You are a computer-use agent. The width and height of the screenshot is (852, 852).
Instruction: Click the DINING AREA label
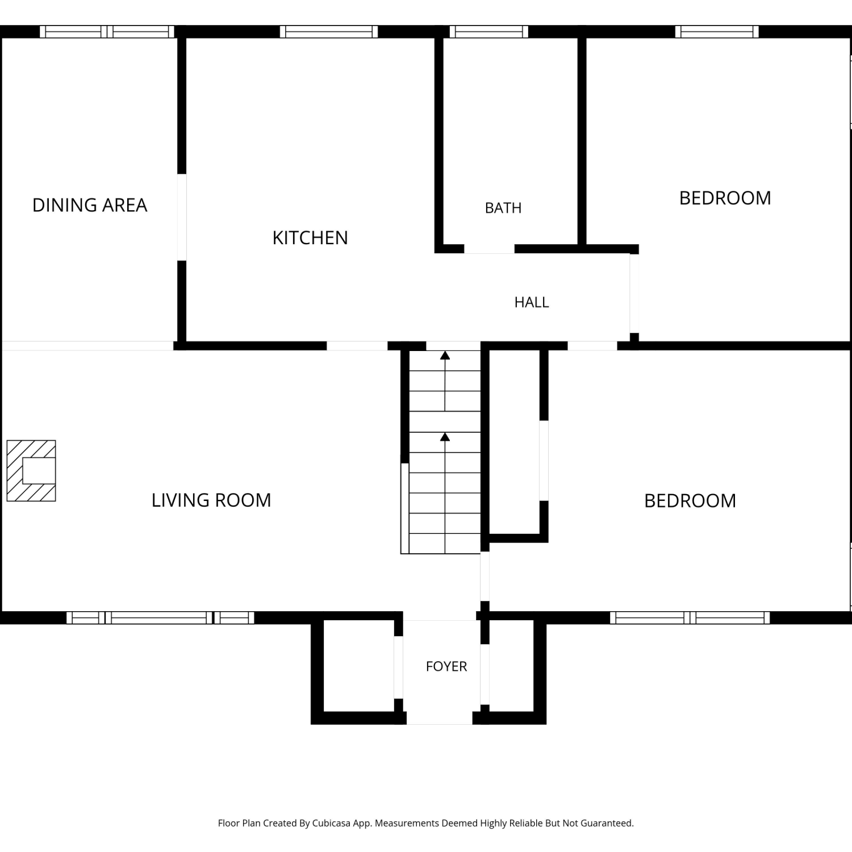tap(90, 205)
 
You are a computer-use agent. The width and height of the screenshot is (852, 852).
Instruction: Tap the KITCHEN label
tap(310, 237)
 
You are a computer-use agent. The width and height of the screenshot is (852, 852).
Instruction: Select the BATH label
tap(503, 208)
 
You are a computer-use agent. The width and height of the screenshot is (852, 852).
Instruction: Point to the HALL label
tap(532, 302)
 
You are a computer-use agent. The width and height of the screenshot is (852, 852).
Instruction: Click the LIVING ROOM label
tap(211, 500)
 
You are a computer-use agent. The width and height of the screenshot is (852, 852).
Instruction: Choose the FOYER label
tap(446, 666)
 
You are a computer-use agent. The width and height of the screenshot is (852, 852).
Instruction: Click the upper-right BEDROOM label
tap(725, 198)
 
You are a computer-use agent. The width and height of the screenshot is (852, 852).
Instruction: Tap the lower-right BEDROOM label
tap(690, 500)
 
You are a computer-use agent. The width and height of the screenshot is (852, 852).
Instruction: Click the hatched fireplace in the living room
tap(31, 471)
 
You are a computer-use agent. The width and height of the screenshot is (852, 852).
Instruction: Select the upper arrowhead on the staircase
tap(445, 356)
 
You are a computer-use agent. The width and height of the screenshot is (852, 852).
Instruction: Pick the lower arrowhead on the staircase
tap(445, 437)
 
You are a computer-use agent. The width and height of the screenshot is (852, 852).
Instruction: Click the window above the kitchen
tap(329, 32)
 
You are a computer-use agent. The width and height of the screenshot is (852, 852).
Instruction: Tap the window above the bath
tap(489, 32)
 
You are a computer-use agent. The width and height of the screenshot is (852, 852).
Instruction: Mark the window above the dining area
tap(107, 32)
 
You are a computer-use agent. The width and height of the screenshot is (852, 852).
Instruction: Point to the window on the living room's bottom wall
tap(160, 617)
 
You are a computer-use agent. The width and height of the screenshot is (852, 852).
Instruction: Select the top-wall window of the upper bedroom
tap(717, 32)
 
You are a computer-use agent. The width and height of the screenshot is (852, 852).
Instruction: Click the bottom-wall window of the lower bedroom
tap(690, 617)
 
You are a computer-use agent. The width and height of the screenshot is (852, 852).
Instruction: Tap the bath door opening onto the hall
tap(489, 249)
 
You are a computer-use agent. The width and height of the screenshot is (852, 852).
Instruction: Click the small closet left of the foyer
tap(359, 666)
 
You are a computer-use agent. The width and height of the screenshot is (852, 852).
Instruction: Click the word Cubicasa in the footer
tap(331, 823)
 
